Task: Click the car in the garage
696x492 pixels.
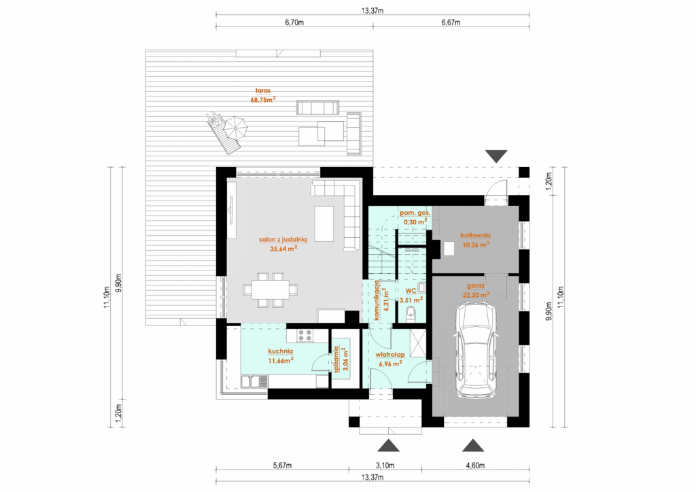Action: click(x=476, y=350)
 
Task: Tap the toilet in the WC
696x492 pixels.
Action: click(x=411, y=312)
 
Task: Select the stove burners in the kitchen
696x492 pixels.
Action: click(x=304, y=335)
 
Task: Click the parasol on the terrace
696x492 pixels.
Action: click(x=234, y=127)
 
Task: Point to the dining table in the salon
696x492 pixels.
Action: click(x=271, y=289)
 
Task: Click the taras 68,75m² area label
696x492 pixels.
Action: click(x=263, y=95)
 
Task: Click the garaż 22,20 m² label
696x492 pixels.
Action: click(x=475, y=290)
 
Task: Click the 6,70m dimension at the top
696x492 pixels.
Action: click(x=294, y=22)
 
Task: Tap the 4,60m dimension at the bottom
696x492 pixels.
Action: click(x=475, y=465)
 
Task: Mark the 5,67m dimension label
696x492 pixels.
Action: click(x=282, y=465)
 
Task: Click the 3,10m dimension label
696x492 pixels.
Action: click(x=385, y=465)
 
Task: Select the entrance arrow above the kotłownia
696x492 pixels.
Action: click(x=496, y=156)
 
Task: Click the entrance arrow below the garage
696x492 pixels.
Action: click(x=473, y=445)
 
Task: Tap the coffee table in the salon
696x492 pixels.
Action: click(x=324, y=224)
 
